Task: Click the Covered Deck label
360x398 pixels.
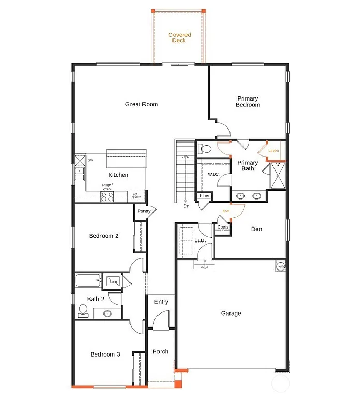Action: pyautogui.click(x=180, y=37)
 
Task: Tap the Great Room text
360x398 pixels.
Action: pyautogui.click(x=141, y=104)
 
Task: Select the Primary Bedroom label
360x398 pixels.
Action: pyautogui.click(x=248, y=102)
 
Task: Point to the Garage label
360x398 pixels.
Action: pyautogui.click(x=231, y=313)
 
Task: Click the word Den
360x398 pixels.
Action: pyautogui.click(x=256, y=229)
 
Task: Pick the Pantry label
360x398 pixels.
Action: pyautogui.click(x=143, y=211)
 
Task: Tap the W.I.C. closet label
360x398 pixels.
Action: pyautogui.click(x=213, y=175)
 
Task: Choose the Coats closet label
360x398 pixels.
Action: pyautogui.click(x=223, y=227)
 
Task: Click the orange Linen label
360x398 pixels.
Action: pyautogui.click(x=273, y=151)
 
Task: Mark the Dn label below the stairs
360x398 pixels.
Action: pyautogui.click(x=186, y=206)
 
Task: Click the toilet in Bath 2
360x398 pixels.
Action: pyautogui.click(x=82, y=310)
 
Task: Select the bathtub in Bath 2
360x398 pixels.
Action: pyautogui.click(x=88, y=281)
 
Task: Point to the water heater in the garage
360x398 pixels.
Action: pyautogui.click(x=280, y=266)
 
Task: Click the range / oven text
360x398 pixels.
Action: pyautogui.click(x=107, y=187)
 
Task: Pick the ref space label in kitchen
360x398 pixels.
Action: pyautogui.click(x=136, y=195)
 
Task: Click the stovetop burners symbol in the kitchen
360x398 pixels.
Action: pyautogui.click(x=107, y=196)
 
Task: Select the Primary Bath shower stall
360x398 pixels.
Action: pyautogui.click(x=278, y=175)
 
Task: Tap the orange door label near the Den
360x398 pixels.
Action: pyautogui.click(x=226, y=211)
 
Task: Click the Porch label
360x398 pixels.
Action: pyautogui.click(x=161, y=351)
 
